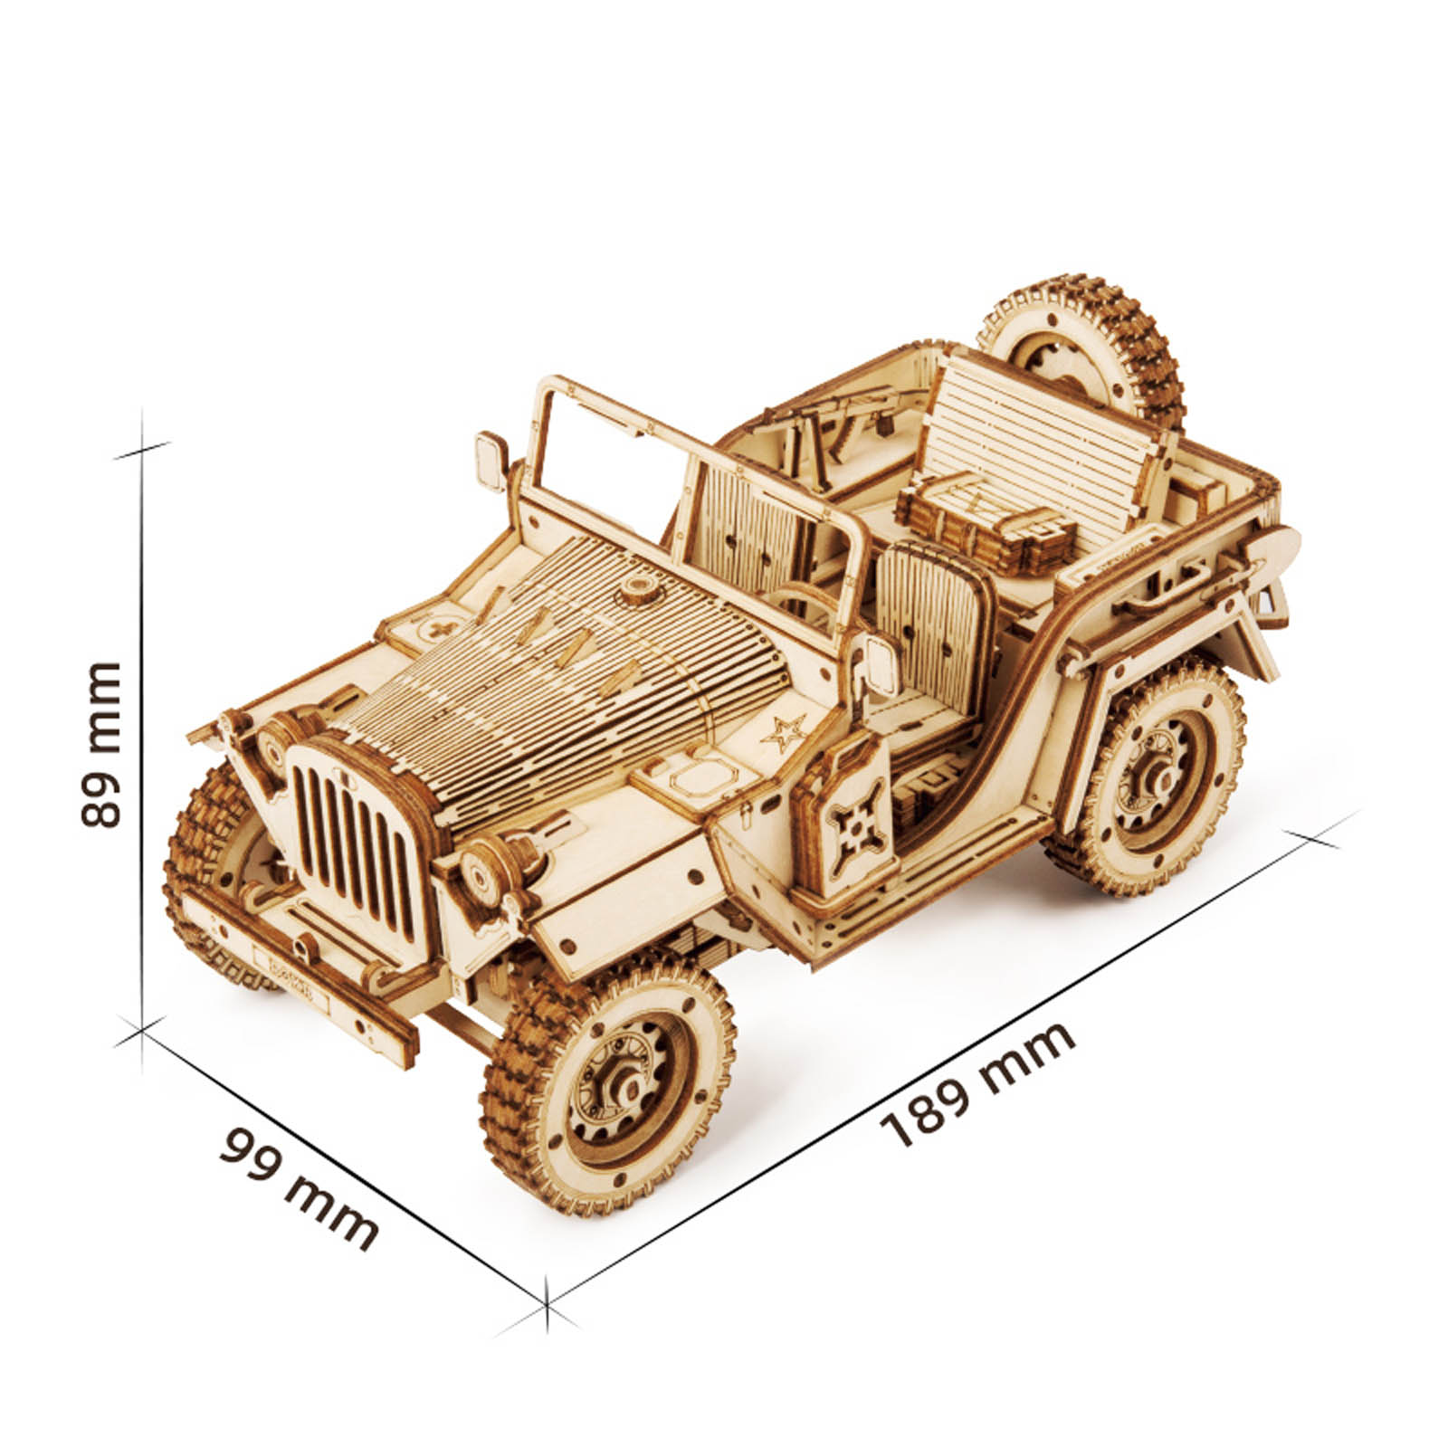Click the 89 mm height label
(100, 744)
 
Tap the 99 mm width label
(299, 1186)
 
